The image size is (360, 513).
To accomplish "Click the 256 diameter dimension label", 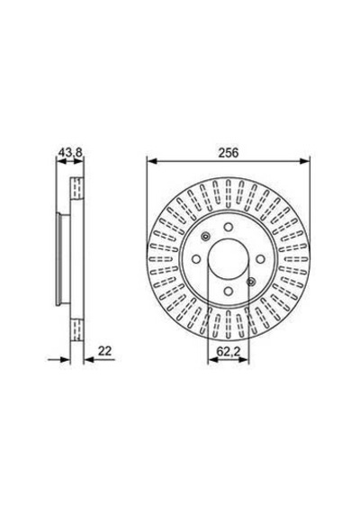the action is pos(229,153).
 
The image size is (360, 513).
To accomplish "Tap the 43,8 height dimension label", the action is pos(70,152).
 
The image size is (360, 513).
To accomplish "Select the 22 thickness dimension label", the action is pos(104,351).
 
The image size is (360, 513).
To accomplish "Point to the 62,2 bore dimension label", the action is pos(229,352).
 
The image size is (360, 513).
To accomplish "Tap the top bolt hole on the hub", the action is pos(228,227).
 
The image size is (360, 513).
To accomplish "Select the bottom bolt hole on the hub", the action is pos(228,291).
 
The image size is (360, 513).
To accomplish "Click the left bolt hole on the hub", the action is pos(196,259).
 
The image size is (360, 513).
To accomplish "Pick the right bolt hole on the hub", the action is pos(260,259).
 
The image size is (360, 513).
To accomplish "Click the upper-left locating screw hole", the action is pos(205,237).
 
